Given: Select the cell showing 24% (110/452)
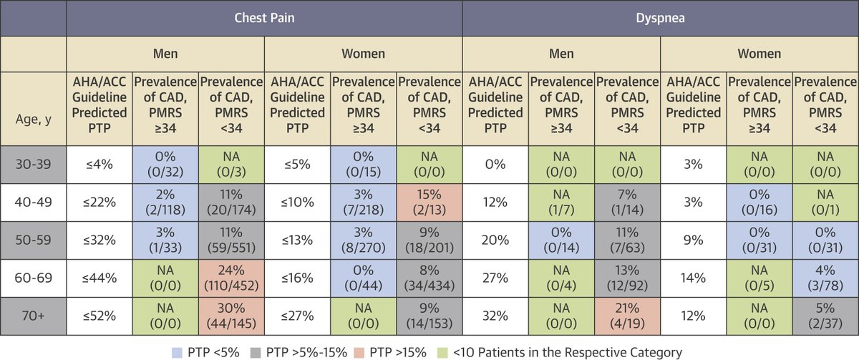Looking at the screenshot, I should [x=231, y=276].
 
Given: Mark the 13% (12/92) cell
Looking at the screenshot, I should [x=627, y=276].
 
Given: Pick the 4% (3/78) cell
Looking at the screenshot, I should [x=825, y=276].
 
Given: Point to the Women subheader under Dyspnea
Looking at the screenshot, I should [x=759, y=54].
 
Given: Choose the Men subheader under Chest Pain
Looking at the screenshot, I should [x=165, y=54].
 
